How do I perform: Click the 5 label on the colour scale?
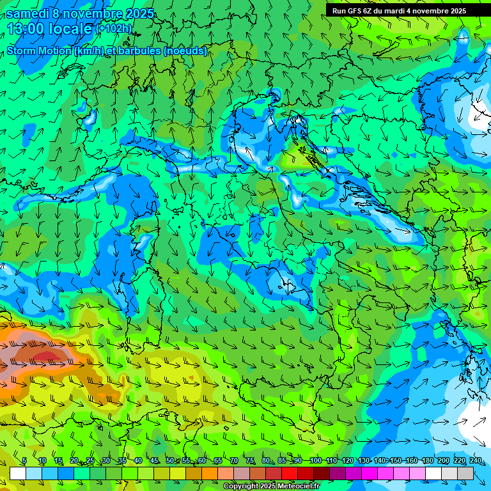pos(24,460)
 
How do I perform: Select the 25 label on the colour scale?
pos(90,460)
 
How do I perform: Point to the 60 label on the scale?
pos(202,460)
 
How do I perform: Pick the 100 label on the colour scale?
pos(315,460)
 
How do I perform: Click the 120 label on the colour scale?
pos(347,460)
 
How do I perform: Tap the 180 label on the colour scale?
pos(426,460)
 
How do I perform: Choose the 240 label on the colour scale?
pos(475,460)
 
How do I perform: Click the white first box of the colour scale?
pos(18,473)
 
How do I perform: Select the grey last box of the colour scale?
pos(466,473)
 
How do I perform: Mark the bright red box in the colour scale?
pos(290,473)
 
